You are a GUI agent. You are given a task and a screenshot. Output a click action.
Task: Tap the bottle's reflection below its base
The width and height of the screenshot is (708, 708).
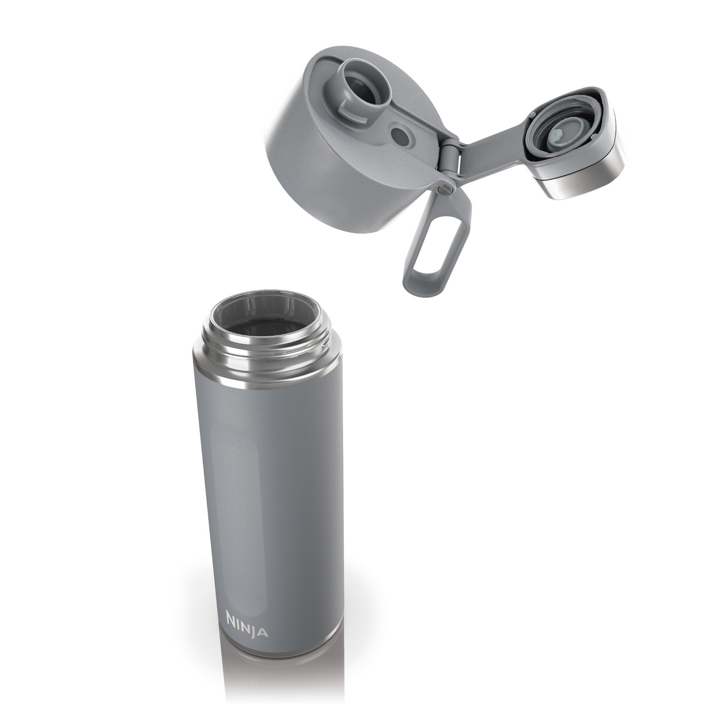coord(265,686)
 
